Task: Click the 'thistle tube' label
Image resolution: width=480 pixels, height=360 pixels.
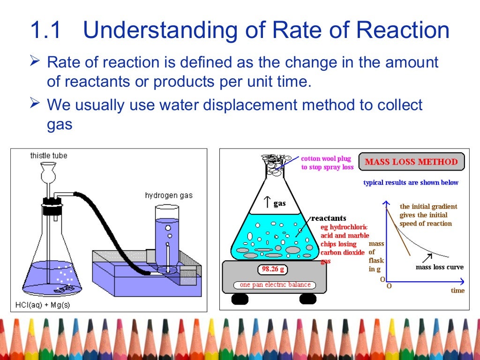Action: coord(48,155)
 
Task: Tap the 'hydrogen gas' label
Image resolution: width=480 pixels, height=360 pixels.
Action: coord(168,195)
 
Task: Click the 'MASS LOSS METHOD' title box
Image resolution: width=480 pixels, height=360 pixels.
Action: coord(411,162)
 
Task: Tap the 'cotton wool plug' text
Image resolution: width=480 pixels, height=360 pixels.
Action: coord(326,159)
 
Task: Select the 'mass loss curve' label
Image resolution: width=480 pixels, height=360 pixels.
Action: coord(439,267)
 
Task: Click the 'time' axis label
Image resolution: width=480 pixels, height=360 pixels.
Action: coord(457,291)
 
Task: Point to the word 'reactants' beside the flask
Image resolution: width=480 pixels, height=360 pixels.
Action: coord(329,218)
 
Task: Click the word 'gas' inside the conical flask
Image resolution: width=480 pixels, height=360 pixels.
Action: coord(279,203)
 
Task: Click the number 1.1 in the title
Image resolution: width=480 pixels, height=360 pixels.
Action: coord(45,31)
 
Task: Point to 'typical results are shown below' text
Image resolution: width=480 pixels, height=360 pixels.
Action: coord(411,182)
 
